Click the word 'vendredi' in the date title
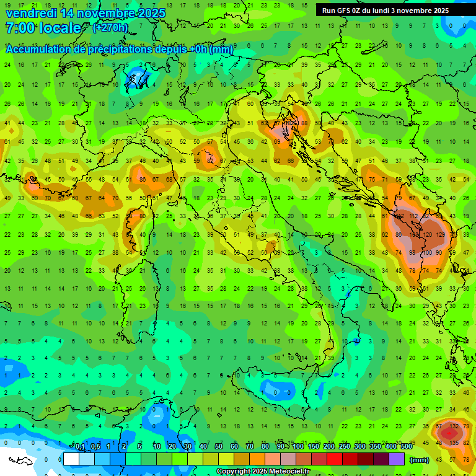pos(30,13)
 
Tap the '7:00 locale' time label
pos(43,28)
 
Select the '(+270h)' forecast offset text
pos(110,27)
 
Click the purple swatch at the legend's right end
pos(397,459)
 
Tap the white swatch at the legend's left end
pos(71,459)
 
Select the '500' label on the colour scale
pos(406,446)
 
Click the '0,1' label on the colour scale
pos(80,446)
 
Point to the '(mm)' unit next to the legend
pos(420,460)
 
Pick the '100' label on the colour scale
pos(298,446)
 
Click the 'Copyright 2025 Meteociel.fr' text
pos(263,472)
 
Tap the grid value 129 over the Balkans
pos(441,235)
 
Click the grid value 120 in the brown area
pos(427,235)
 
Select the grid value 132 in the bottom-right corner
pos(454,426)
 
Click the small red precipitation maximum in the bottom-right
pos(447,434)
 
